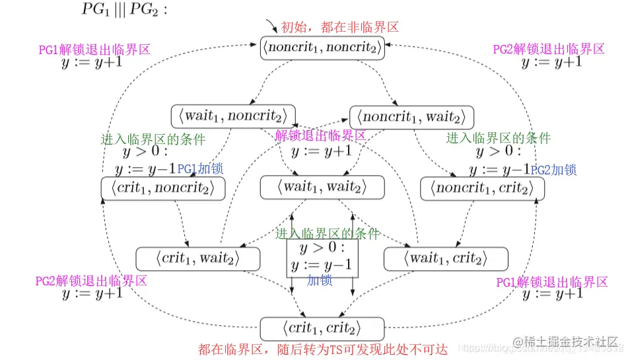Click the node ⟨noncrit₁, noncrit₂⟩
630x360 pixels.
coord(322,48)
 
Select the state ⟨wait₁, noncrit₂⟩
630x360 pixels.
coord(232,117)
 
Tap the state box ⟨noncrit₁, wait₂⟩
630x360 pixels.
coord(411,117)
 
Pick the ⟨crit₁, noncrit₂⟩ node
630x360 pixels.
coord(162,188)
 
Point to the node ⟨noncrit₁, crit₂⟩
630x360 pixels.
coord(482,188)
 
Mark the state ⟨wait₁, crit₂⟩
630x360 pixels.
coord(445,258)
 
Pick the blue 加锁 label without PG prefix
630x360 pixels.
coord(320,280)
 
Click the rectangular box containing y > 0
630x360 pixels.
coord(322,258)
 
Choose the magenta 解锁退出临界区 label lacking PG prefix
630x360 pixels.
coord(320,135)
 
